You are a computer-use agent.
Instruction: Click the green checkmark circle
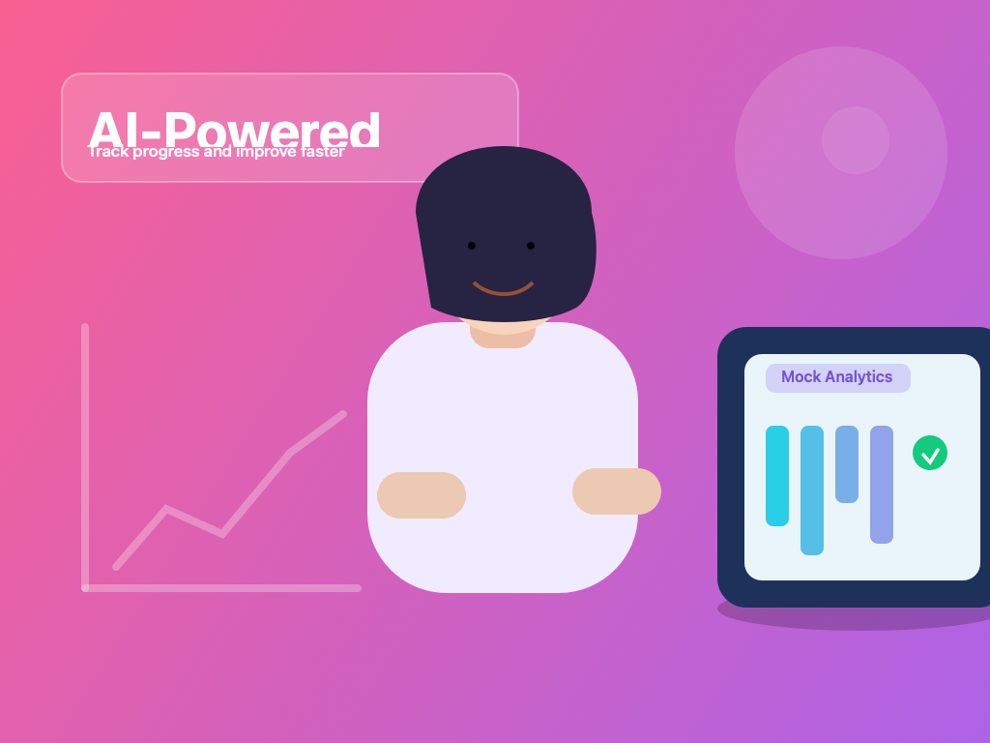click(x=930, y=453)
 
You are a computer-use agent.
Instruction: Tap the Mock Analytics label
click(x=837, y=377)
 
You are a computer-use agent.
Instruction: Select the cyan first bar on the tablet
click(x=777, y=476)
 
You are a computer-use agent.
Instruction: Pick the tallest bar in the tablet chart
click(x=812, y=490)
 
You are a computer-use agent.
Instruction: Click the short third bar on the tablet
click(x=847, y=464)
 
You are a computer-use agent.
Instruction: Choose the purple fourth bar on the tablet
click(x=882, y=485)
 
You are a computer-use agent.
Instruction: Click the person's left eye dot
click(x=472, y=246)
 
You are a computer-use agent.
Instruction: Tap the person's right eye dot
click(x=531, y=246)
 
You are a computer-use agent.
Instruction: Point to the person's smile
click(x=503, y=288)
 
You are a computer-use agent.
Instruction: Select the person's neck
click(x=503, y=335)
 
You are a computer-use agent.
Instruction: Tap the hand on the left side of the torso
click(x=422, y=495)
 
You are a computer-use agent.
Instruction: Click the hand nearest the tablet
click(x=617, y=491)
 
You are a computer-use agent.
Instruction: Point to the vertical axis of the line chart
click(x=85, y=455)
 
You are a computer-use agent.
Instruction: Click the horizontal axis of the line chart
click(x=222, y=588)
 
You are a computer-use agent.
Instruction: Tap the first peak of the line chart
click(x=166, y=508)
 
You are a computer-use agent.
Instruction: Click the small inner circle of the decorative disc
click(x=856, y=140)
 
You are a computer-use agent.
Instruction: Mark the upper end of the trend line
click(x=342, y=414)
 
